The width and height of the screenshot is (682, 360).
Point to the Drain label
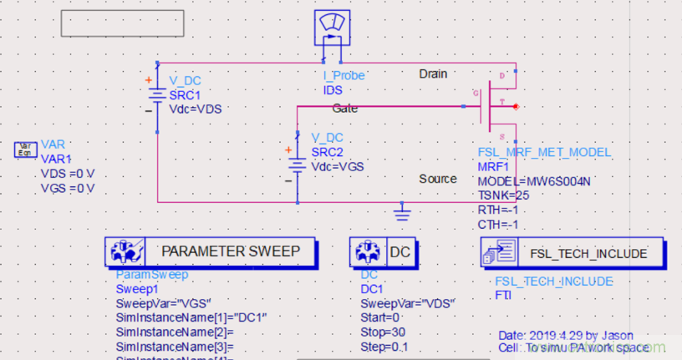[x=433, y=74]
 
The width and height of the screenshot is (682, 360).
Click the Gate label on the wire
[x=345, y=109]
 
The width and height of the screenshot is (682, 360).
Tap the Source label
[x=438, y=179]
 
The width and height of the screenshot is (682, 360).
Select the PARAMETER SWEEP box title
[x=229, y=251]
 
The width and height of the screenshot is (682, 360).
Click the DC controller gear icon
[x=364, y=251]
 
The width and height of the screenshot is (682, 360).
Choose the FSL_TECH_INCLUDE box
[x=573, y=253]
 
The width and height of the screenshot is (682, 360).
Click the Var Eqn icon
[x=25, y=150]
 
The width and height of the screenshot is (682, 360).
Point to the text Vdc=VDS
[x=196, y=109]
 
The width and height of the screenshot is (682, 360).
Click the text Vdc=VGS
[x=338, y=166]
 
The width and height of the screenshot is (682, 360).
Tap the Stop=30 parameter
[x=380, y=332]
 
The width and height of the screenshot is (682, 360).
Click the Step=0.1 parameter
[x=383, y=346]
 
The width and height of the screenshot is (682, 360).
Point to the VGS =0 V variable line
[x=68, y=188]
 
